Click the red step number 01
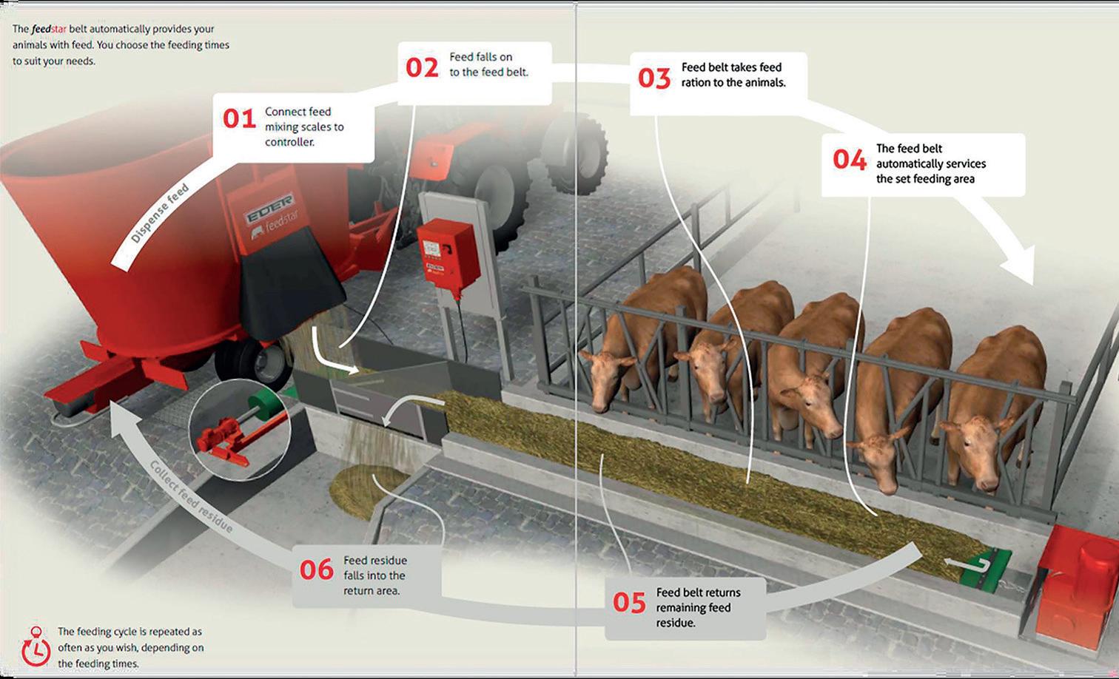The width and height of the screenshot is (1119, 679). (239, 118)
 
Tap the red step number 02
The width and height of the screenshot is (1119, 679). (422, 67)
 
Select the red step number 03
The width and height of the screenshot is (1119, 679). (654, 78)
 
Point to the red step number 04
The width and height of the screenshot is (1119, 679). (849, 159)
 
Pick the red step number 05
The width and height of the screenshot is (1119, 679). (629, 603)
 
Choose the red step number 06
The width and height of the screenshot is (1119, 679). (317, 570)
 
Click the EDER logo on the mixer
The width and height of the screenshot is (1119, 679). (269, 208)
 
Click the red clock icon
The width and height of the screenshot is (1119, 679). (36, 648)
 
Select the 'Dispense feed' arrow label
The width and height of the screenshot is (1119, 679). (159, 213)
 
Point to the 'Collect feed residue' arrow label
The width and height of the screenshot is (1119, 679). (191, 496)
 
